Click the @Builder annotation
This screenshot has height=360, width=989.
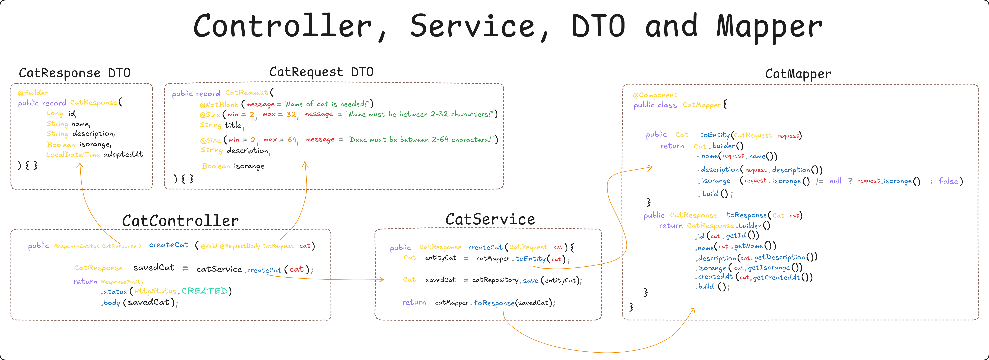click(33, 93)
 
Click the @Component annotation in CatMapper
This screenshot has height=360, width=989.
click(655, 95)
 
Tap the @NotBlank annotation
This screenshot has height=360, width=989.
click(219, 104)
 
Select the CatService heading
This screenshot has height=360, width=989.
click(490, 219)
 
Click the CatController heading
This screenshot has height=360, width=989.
click(181, 221)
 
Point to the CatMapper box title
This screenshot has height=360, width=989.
click(798, 74)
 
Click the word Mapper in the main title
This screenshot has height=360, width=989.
click(769, 27)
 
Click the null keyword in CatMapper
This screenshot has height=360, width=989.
click(835, 181)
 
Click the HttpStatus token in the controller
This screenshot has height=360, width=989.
click(155, 291)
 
